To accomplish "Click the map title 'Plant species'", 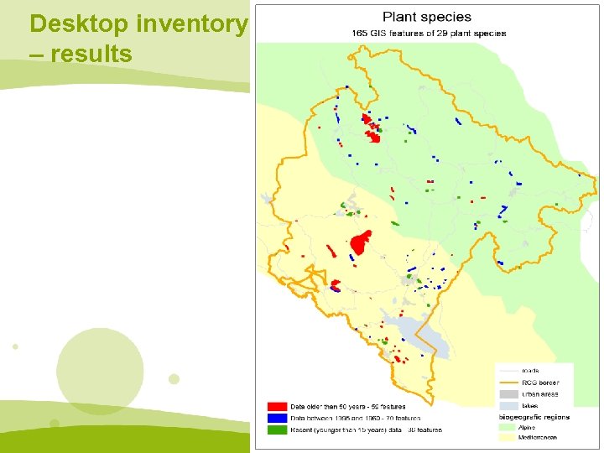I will coord(427,17).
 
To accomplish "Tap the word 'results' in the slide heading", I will coord(91,55).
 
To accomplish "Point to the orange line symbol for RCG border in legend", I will coord(508,381).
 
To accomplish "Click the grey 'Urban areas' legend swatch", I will coord(508,393).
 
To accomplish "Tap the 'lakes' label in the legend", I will coord(530,405).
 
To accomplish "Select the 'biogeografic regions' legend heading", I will coord(532,417).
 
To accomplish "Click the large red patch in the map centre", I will coord(361,243).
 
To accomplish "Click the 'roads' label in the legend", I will coord(530,369).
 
